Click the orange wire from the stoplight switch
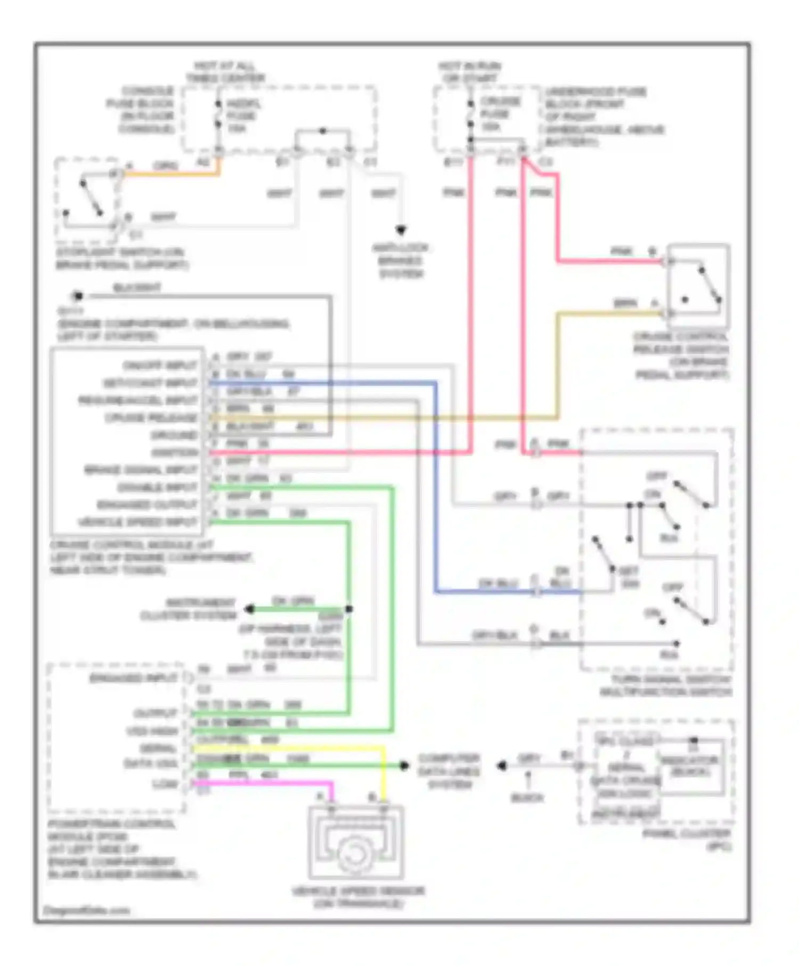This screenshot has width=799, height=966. (x=170, y=174)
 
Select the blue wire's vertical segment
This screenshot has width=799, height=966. (x=436, y=479)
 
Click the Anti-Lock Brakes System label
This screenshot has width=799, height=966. (x=401, y=261)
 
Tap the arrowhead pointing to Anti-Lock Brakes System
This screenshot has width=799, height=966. (x=401, y=231)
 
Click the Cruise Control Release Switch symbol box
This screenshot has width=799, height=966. (x=698, y=286)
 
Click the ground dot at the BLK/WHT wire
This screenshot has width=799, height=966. (x=78, y=296)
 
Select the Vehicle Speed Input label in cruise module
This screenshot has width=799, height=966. (x=137, y=522)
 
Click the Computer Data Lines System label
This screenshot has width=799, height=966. (x=449, y=771)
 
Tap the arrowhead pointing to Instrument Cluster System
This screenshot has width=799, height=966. (x=249, y=609)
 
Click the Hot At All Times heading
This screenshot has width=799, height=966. (x=225, y=72)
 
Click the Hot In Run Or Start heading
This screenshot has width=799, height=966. (x=469, y=72)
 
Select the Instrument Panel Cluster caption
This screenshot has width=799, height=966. (x=687, y=840)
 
